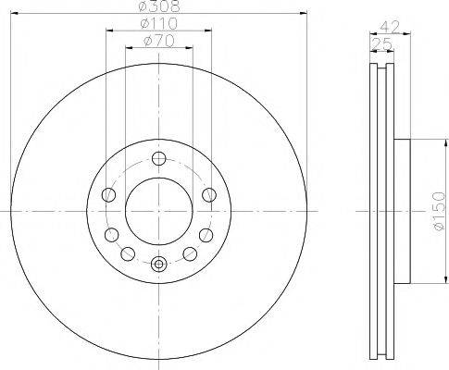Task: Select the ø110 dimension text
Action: click(158, 23)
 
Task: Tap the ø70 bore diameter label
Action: click(158, 42)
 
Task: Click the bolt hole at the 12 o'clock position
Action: click(158, 157)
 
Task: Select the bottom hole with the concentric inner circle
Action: click(158, 265)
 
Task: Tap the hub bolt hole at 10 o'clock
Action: click(108, 194)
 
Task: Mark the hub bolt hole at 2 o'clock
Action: click(208, 194)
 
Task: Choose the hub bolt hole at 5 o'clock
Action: click(190, 253)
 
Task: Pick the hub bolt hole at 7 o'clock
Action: click(127, 253)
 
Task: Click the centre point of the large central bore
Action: click(158, 211)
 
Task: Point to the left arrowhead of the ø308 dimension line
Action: click(17, 13)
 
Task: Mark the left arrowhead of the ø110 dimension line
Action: click(107, 31)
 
